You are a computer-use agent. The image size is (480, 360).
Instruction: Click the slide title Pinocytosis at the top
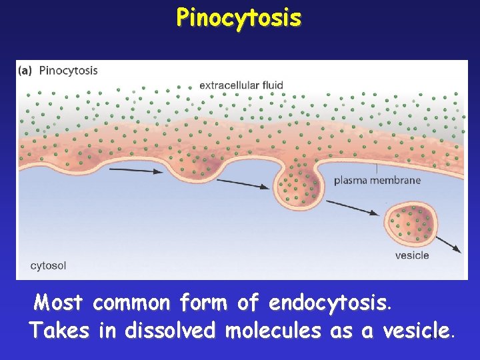(x=239, y=18)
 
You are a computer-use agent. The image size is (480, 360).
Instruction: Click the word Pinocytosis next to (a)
(x=68, y=70)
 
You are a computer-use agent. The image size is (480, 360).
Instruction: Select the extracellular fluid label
(x=241, y=85)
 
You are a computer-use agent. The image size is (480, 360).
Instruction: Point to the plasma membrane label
(x=377, y=180)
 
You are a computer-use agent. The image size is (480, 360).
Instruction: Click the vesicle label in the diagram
(x=412, y=255)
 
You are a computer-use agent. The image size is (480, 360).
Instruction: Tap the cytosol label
(x=48, y=265)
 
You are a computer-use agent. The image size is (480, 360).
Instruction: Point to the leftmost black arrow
(x=136, y=171)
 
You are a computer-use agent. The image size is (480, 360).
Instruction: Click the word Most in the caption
(x=59, y=303)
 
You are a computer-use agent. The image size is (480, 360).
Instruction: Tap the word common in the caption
(x=131, y=303)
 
